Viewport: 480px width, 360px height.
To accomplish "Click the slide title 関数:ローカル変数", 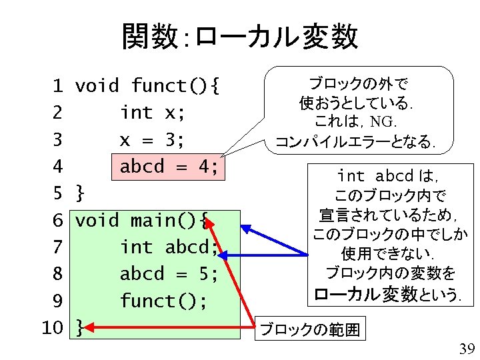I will click(x=239, y=37).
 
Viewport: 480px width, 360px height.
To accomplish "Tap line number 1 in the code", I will click(x=57, y=86).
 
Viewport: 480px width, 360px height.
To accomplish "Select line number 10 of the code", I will click(x=51, y=327).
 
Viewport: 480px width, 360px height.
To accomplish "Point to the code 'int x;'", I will click(x=152, y=113).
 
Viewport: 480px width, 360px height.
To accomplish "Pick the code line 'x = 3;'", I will click(x=152, y=140).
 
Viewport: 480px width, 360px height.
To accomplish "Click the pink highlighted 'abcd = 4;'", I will click(x=169, y=167).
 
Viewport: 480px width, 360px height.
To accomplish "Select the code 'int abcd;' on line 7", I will click(x=169, y=247).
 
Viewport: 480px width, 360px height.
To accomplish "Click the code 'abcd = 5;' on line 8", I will click(x=169, y=274).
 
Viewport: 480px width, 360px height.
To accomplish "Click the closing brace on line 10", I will click(x=80, y=327).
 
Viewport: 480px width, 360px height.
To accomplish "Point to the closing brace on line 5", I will click(x=80, y=193).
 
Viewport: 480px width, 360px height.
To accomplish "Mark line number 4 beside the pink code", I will click(x=57, y=167).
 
